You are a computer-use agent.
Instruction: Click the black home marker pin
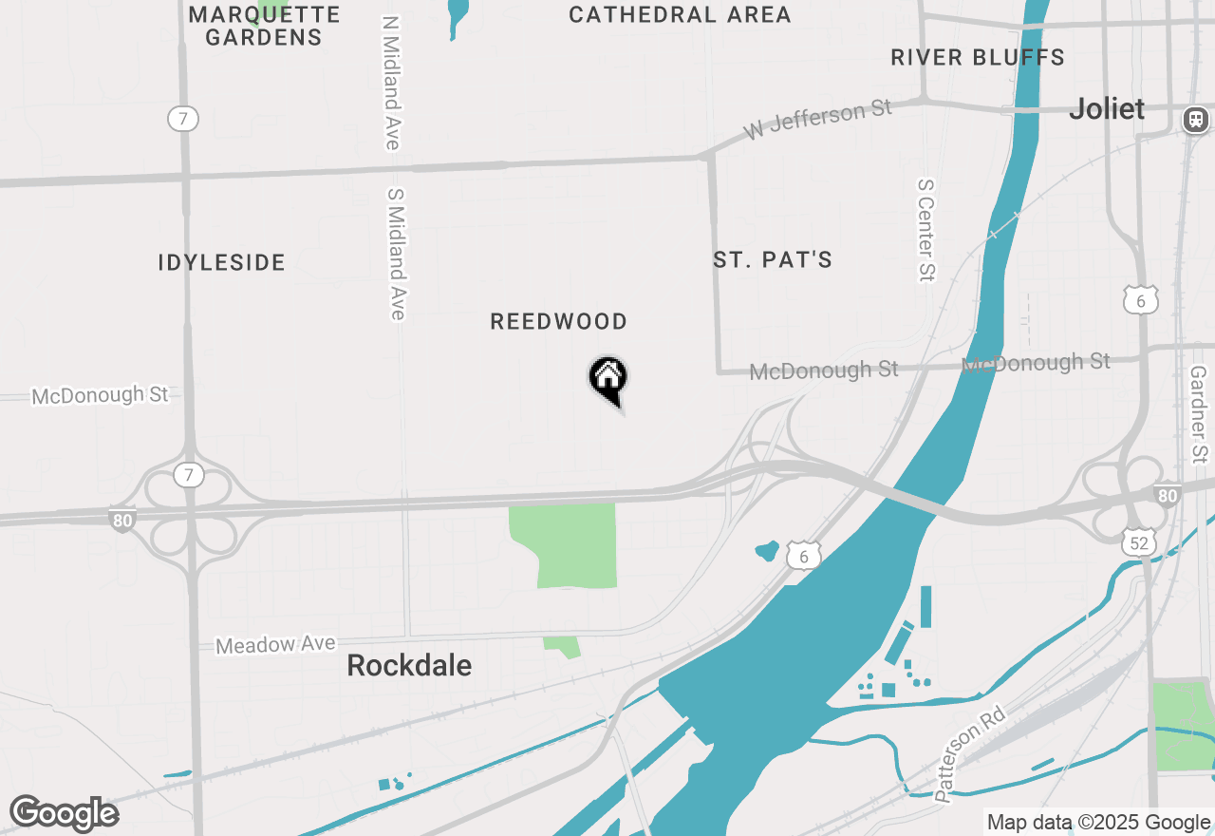click(608, 379)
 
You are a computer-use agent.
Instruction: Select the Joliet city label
click(1107, 108)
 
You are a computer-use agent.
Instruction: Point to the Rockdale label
click(409, 665)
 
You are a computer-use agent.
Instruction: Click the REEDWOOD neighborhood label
click(558, 322)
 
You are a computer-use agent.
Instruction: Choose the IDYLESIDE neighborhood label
click(222, 263)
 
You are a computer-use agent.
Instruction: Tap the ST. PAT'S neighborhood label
click(773, 259)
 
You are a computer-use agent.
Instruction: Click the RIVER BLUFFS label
click(978, 58)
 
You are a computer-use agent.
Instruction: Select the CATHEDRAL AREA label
click(680, 15)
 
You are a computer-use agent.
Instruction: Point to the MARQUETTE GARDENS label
click(264, 26)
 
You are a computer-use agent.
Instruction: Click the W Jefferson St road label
click(818, 120)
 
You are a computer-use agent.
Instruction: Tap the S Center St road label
click(926, 230)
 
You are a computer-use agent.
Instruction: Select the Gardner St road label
click(1198, 410)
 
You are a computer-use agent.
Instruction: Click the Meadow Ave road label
click(275, 645)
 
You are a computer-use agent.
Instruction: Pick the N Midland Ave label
click(391, 83)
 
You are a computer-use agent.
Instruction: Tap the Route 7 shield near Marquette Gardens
click(183, 119)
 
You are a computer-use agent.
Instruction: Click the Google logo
click(64, 814)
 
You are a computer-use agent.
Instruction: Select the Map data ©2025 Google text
click(1098, 823)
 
